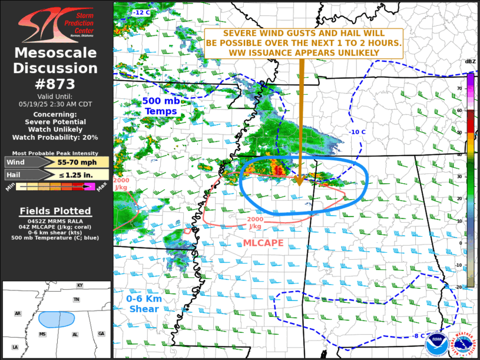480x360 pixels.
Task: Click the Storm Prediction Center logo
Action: pos(56,25)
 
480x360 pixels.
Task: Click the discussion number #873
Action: pos(56,83)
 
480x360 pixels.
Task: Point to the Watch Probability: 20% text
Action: pos(56,137)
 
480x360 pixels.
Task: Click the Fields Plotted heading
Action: pos(56,211)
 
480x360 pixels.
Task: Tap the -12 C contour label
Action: pos(142,12)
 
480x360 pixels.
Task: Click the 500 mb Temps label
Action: pos(161,106)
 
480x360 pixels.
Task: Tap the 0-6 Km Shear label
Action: pos(144,303)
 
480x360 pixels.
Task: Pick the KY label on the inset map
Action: pos(80,285)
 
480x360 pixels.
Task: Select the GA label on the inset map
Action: pos(101,333)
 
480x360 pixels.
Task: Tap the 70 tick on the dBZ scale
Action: pos(459,88)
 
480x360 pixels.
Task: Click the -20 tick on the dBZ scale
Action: pos(459,286)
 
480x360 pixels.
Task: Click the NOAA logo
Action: pos(436,342)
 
